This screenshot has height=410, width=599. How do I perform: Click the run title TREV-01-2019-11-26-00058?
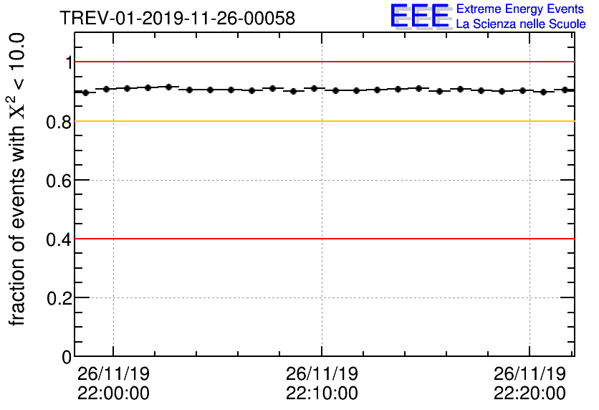coord(177,18)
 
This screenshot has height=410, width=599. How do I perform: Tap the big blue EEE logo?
coord(420,16)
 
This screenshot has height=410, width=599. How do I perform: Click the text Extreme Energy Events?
coord(520,9)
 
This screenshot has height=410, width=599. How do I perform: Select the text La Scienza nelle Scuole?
coord(520,24)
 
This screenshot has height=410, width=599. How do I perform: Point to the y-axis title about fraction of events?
coord(19,179)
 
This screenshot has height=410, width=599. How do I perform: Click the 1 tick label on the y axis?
coord(69,62)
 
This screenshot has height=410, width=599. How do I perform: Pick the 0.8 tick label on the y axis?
coord(59,121)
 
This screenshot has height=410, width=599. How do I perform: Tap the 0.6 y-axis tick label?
coord(59,180)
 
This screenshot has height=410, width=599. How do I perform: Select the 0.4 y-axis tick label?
coord(59,239)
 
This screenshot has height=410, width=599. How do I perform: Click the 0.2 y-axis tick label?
coord(59,297)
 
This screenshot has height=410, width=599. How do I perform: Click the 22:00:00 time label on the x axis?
coord(113,393)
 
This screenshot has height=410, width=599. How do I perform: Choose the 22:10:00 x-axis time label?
coord(322,393)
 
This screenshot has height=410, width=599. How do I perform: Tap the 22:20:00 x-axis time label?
coord(529,393)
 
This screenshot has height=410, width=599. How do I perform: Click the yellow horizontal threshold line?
coord(322,121)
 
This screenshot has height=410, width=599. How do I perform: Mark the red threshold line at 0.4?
coord(322,239)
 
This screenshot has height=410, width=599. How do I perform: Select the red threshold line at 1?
coord(322,62)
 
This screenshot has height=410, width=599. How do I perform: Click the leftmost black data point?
coord(85,92)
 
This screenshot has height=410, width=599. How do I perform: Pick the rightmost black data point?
coord(565,90)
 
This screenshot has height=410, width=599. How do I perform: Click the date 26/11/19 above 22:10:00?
coord(322,374)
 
